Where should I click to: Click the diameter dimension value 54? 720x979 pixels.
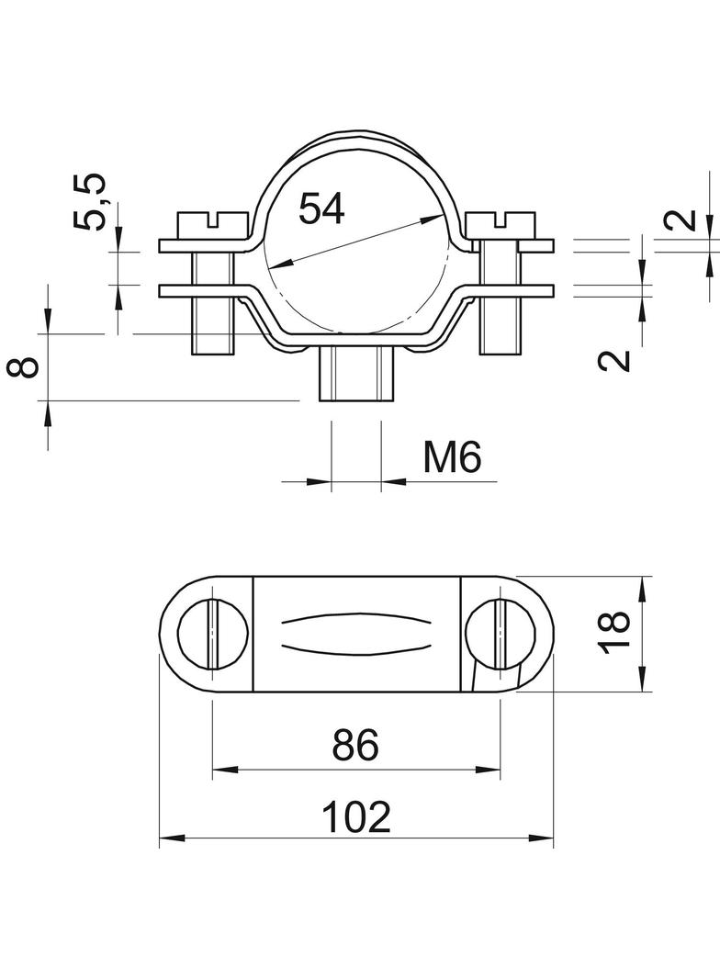tap(321, 208)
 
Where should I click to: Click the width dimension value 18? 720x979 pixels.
tap(616, 633)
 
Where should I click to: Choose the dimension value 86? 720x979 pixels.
tap(355, 746)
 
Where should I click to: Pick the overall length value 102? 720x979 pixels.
tap(356, 816)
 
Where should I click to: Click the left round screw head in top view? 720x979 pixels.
tap(212, 634)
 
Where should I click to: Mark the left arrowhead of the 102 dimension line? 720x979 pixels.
tap(171, 838)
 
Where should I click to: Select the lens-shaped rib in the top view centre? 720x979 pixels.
tap(355, 633)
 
